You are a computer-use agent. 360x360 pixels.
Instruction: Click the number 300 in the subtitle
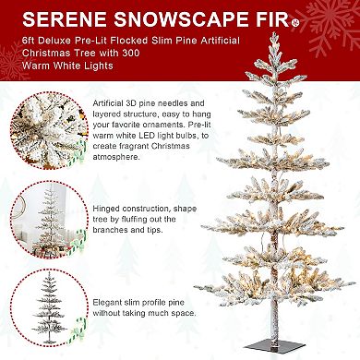click(131, 53)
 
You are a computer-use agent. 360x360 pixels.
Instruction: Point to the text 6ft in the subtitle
click(29, 41)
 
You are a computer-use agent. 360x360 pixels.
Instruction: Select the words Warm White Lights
click(67, 66)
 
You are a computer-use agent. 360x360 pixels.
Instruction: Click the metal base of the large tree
click(273, 346)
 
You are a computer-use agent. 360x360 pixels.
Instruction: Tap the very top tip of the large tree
click(273, 32)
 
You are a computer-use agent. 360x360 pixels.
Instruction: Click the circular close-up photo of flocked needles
click(49, 131)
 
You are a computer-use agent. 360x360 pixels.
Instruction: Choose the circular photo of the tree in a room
click(49, 219)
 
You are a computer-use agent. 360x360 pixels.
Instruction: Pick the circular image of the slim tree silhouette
click(49, 307)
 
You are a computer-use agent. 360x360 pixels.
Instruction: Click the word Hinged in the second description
click(106, 209)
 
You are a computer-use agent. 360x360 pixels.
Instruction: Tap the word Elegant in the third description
click(108, 303)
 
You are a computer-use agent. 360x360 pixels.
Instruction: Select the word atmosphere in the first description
click(116, 157)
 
